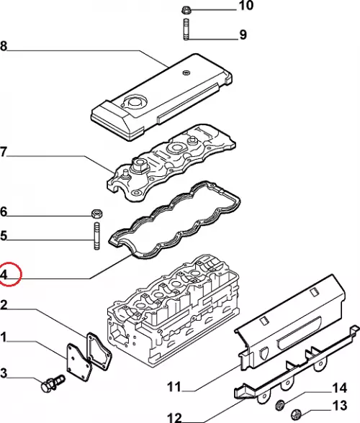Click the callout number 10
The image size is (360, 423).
(246, 6)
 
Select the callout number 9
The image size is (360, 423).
(243, 35)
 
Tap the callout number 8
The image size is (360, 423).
(4, 46)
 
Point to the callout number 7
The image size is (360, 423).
(3, 153)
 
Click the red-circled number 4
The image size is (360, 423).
(4, 275)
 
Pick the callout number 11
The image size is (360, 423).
(174, 387)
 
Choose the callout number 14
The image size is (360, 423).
(339, 388)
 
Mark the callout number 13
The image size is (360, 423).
(339, 406)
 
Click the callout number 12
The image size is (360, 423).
(174, 418)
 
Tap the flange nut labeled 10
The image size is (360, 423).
(186, 11)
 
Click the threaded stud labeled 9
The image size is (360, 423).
(186, 29)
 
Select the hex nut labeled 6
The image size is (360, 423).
(96, 214)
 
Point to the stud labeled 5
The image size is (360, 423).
(96, 235)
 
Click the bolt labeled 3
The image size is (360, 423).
(53, 383)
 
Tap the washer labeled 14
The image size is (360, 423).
(280, 404)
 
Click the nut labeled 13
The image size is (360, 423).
(297, 414)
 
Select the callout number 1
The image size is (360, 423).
(3, 337)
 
